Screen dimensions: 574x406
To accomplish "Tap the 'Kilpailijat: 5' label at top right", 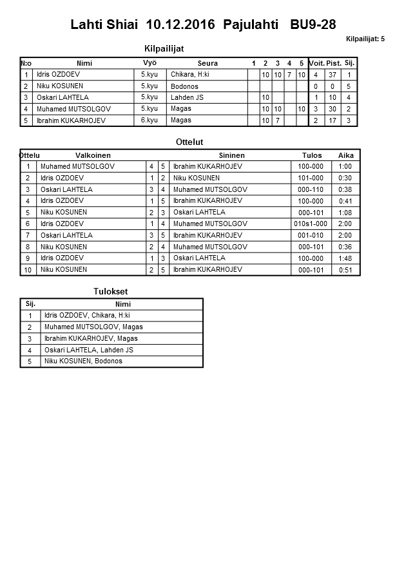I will click(365, 39).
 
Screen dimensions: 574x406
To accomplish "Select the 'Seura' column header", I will click(208, 63).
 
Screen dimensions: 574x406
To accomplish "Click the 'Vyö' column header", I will click(150, 63).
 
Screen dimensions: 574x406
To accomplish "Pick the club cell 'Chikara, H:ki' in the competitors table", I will click(190, 75).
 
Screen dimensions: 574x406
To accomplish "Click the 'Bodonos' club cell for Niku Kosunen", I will click(184, 86).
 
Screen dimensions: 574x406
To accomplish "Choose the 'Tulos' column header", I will click(312, 155).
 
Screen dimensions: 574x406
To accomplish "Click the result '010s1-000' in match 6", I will click(311, 224).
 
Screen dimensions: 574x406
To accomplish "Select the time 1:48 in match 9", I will click(345, 258).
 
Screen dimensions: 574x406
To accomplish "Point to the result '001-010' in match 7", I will click(311, 235).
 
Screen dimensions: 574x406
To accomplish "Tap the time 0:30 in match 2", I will click(345, 178).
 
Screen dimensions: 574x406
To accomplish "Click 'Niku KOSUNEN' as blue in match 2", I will click(197, 178).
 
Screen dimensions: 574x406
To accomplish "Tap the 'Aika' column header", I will click(346, 155).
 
